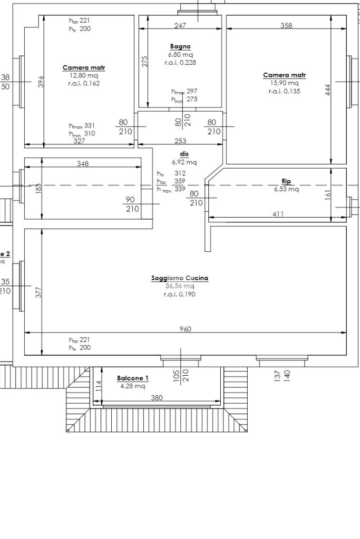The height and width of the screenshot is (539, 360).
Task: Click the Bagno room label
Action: point(180,47)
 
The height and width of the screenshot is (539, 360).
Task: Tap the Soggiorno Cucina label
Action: point(180,278)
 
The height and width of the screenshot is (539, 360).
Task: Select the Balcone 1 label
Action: point(133,378)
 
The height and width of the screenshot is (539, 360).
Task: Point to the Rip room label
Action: point(286,181)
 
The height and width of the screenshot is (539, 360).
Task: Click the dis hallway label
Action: point(184,154)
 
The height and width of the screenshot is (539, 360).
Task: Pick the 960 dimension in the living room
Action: point(185,329)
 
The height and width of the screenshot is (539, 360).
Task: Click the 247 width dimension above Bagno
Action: point(180,25)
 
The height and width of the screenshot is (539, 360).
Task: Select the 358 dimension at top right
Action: point(286,25)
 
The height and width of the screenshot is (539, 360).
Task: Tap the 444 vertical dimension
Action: point(328,90)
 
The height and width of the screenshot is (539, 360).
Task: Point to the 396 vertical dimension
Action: point(41,82)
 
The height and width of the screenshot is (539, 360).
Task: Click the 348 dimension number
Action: point(83,164)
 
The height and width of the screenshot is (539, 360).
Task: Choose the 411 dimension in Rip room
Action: point(278,214)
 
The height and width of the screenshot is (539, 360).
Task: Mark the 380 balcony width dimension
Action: point(157,398)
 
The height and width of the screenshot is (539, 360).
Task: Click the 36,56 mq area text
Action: point(180,286)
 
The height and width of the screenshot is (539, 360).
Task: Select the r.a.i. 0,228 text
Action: point(180,63)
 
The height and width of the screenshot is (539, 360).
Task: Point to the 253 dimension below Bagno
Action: point(180,141)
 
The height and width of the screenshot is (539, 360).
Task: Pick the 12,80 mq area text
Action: point(84,75)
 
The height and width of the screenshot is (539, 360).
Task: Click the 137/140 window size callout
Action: point(282,375)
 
